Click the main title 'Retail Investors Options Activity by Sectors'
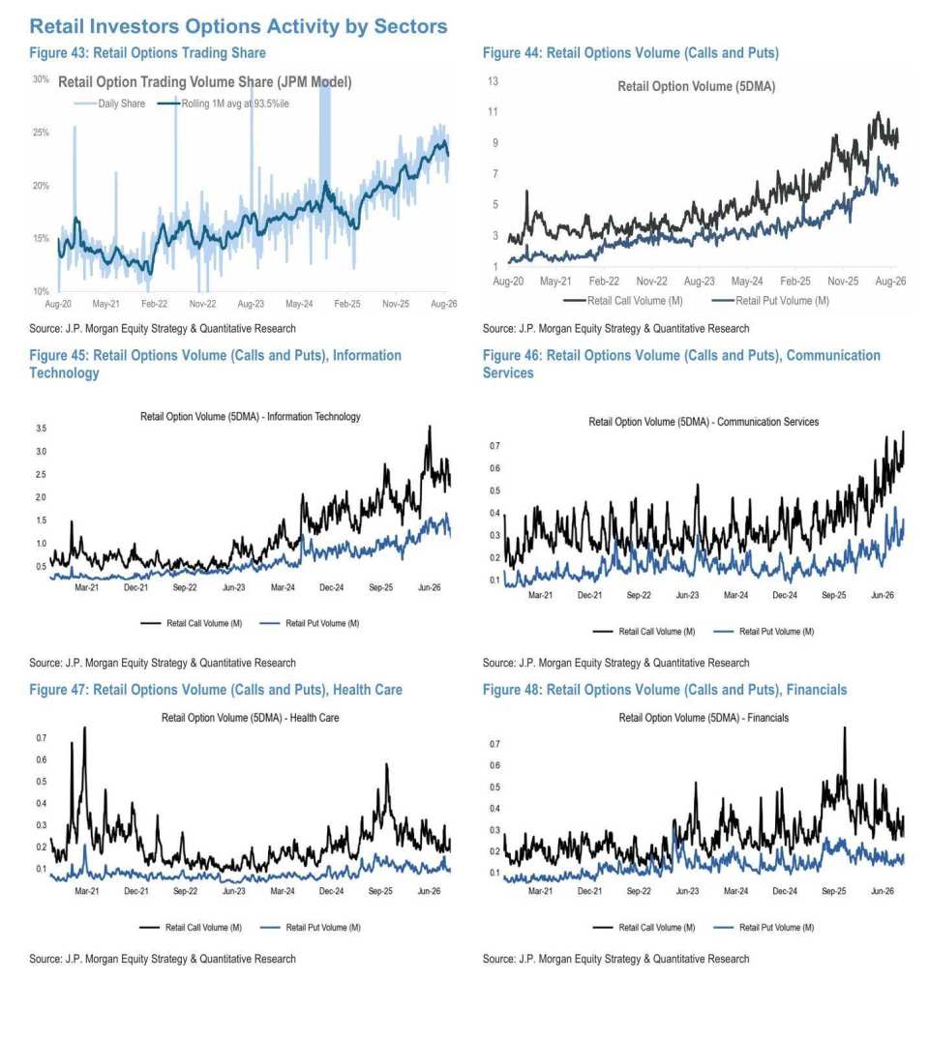[x=238, y=26]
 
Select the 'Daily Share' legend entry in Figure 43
[x=109, y=104]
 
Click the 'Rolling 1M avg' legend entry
[x=223, y=104]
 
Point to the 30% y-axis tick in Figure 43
[x=41, y=79]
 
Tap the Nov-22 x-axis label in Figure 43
[x=202, y=304]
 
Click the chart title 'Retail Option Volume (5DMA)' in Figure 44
[x=696, y=86]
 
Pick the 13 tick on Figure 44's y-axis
[x=493, y=81]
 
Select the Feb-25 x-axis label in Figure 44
[x=794, y=282]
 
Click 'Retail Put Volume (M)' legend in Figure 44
[x=770, y=301]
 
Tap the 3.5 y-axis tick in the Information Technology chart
[x=42, y=429]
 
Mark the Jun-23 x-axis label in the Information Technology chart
[x=233, y=587]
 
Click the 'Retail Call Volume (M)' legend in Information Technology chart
[x=191, y=623]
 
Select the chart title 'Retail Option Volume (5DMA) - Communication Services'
[x=704, y=422]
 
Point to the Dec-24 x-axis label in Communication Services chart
[x=785, y=596]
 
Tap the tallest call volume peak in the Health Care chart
[x=84, y=728]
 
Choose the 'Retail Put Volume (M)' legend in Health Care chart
[x=311, y=927]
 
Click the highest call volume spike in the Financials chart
[x=845, y=728]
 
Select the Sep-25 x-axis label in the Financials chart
[x=833, y=891]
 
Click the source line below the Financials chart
[x=615, y=959]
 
